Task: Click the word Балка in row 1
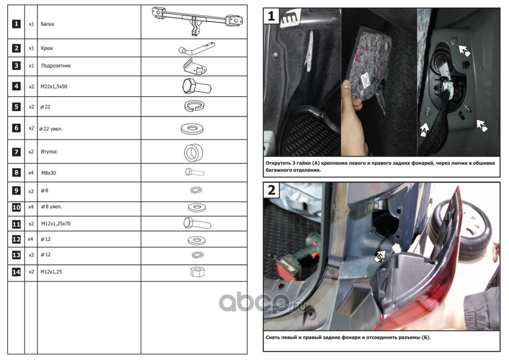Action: [47, 24]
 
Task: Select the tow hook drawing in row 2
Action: [196, 48]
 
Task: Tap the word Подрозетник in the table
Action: [56, 66]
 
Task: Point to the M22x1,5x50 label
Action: [54, 87]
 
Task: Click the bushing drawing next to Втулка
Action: [194, 152]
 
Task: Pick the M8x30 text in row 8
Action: [49, 173]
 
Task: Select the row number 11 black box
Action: [16, 224]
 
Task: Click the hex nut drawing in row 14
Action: [197, 272]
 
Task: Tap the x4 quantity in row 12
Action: [31, 239]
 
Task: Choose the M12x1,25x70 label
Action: [56, 224]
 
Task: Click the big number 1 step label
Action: [271, 16]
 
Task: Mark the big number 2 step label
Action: [272, 190]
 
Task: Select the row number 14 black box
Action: [16, 272]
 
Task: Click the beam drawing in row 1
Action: [197, 21]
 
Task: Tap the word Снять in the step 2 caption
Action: [272, 337]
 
